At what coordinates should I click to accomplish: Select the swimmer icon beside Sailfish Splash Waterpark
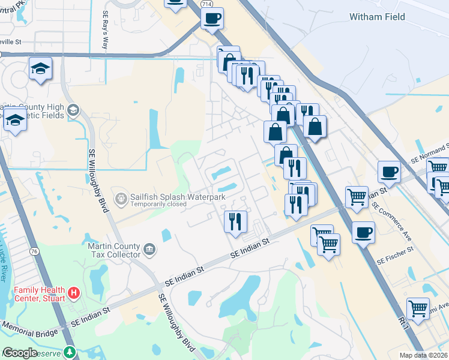[x=121, y=197]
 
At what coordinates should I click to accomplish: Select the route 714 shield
[x=206, y=4]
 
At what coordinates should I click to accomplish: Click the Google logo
[x=20, y=353]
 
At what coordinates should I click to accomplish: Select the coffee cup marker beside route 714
[x=211, y=18]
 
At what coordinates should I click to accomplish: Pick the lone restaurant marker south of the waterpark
[x=235, y=221]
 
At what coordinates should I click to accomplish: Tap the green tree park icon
[x=70, y=352]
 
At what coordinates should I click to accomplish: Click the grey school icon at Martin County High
[x=73, y=109]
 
